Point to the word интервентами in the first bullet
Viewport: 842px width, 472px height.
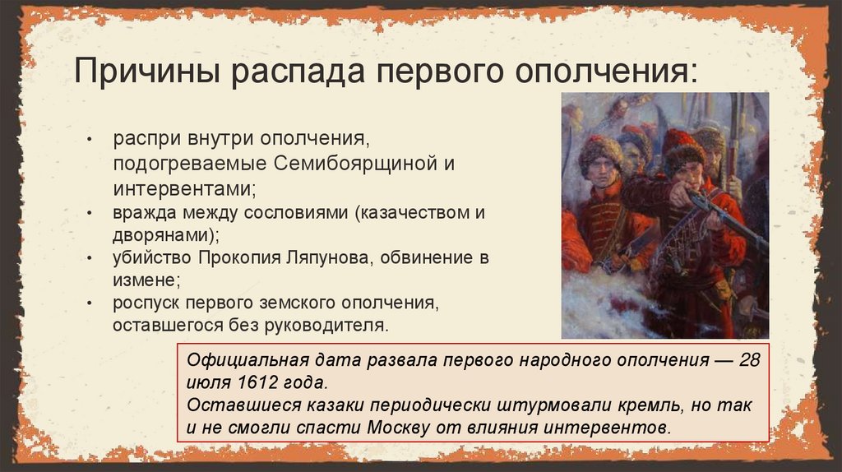[183, 188]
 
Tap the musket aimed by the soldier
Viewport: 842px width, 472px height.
[724, 218]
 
